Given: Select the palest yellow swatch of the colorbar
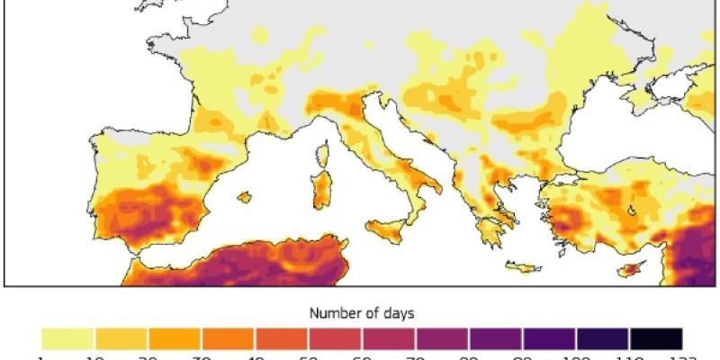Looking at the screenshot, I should pos(68,338).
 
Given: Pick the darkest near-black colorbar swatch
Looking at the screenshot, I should pos(656,338).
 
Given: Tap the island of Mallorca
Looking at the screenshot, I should pos(243,195).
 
